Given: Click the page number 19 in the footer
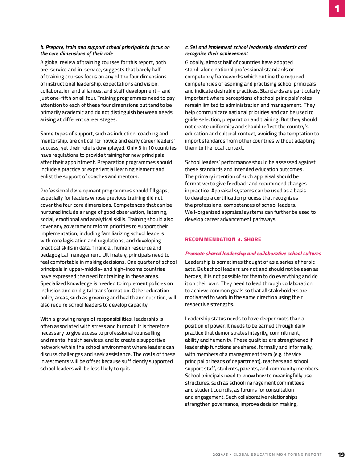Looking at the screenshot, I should pyautogui.click(x=341, y=455).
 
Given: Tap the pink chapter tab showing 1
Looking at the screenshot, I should pyautogui.click(x=337, y=8).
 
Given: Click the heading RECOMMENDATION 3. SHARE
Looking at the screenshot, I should pyautogui.click(x=223, y=239).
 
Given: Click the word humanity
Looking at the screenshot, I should pyautogui.click(x=218, y=340).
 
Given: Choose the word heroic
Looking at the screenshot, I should pyautogui.click(x=305, y=262).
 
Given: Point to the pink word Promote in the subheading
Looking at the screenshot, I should pyautogui.click(x=197, y=254).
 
